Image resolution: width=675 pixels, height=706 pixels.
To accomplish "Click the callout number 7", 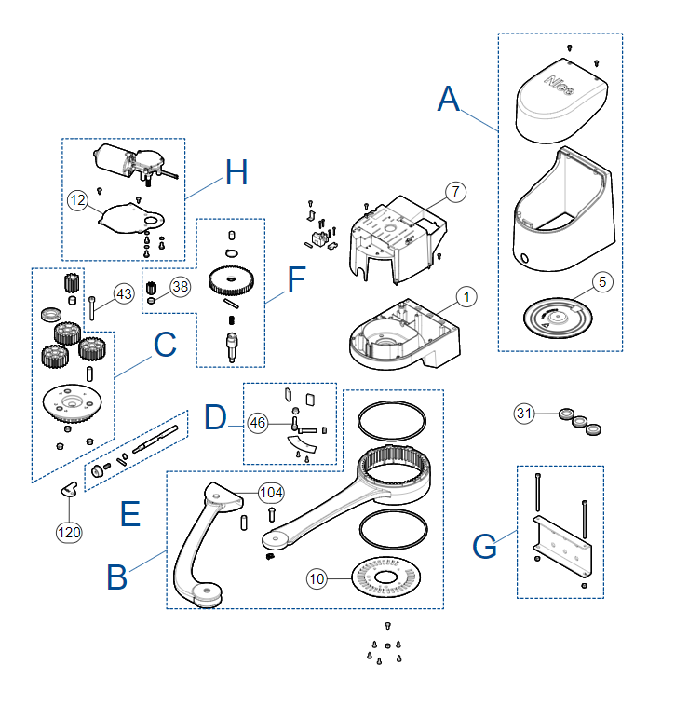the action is pos(455,192).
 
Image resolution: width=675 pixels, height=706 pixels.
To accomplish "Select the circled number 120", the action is pos(69,533).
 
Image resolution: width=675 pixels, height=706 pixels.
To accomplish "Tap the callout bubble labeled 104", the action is pos(271,493).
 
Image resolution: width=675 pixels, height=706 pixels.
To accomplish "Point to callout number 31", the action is pos(524,414).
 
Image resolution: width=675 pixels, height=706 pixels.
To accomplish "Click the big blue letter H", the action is pos(236,172).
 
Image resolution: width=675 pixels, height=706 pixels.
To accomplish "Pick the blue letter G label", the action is pos(485,546).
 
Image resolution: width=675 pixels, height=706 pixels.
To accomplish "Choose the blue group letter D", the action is pos(215,417).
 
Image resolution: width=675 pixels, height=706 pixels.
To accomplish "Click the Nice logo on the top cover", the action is pos(560,85).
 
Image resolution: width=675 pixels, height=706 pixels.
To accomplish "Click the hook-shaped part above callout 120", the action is pos(69,489).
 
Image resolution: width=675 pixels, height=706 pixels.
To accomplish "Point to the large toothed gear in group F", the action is pos(231,280).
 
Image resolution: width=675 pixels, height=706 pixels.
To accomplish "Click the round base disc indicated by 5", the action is pos(558,318).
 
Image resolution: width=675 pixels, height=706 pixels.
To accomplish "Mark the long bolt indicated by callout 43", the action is pos(92,308).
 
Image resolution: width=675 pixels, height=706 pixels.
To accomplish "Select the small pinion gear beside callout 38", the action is pos(151,287).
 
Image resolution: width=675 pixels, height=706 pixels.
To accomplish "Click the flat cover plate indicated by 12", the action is pos(130,219).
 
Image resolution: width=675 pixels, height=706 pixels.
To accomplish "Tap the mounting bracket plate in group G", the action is pos(562,546).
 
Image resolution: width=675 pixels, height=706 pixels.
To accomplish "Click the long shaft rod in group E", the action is pos(155,439).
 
